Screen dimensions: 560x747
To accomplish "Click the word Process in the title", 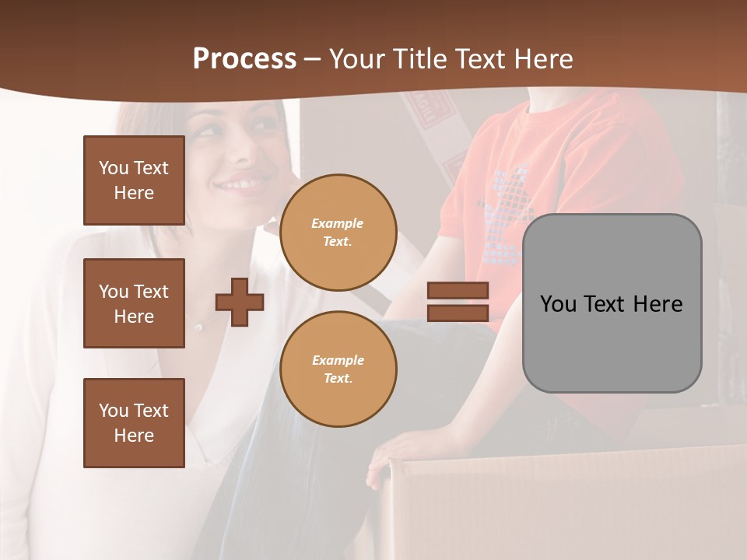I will tap(244, 59).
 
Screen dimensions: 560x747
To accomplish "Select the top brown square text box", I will tap(134, 180).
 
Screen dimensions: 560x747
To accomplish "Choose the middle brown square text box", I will tap(134, 303).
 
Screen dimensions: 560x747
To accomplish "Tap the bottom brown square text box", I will tap(134, 423).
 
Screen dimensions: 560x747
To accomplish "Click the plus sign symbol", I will tap(240, 302).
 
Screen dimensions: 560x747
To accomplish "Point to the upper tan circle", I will tap(338, 233).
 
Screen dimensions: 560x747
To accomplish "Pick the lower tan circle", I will tap(338, 369).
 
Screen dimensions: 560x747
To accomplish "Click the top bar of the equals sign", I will tap(458, 290).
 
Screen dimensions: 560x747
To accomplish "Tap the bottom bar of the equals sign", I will tap(458, 313).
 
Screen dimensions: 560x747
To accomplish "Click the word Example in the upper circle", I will tap(338, 223).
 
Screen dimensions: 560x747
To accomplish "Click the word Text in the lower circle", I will tap(337, 378).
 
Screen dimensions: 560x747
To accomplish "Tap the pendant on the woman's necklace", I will tap(198, 327).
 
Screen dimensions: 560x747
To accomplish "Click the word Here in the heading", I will tap(542, 59).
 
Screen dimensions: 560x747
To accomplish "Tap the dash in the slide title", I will tap(313, 59).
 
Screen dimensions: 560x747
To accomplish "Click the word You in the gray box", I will tap(559, 304).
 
